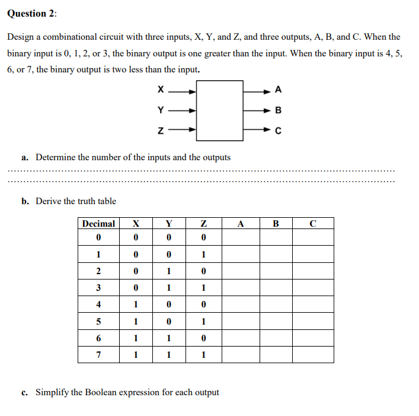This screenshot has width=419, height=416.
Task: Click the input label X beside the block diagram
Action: click(x=160, y=91)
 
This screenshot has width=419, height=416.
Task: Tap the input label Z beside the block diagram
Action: click(x=160, y=131)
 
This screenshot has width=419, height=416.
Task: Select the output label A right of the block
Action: click(x=279, y=91)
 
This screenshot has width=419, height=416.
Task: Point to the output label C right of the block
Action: click(x=279, y=131)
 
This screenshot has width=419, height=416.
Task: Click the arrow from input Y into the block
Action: click(x=181, y=110)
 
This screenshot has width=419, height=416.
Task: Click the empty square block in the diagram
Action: click(x=219, y=110)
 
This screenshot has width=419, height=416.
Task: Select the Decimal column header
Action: click(x=98, y=224)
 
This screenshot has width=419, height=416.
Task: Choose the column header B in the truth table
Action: click(x=275, y=224)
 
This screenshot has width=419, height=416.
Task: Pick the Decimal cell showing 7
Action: click(x=98, y=354)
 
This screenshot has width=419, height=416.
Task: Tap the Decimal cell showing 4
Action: click(x=98, y=304)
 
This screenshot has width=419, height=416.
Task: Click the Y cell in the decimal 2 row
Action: click(x=169, y=271)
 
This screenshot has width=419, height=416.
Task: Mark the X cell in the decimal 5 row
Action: click(x=136, y=321)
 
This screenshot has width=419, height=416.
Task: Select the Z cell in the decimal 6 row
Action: click(x=204, y=338)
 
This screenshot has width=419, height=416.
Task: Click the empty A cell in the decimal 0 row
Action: click(x=240, y=238)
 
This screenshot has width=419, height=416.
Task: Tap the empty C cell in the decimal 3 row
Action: click(x=312, y=288)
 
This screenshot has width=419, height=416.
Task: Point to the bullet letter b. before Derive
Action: click(x=25, y=201)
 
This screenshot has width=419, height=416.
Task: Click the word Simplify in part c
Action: click(x=52, y=392)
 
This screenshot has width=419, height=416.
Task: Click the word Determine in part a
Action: click(x=56, y=157)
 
